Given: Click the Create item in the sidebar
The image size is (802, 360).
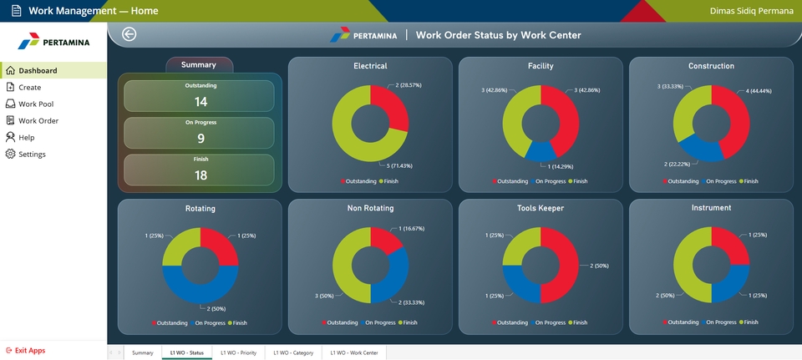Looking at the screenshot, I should coord(29,88).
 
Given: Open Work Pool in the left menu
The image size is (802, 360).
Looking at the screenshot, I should coord(34,104).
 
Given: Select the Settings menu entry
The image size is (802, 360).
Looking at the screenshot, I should coord(32,155).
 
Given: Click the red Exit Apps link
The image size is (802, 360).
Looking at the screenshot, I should coord(29,351).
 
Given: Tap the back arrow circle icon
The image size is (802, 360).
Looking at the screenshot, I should coord(129,34).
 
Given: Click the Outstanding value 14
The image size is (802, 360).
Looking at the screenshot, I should coord(200,102).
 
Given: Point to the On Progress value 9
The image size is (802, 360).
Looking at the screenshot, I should coord(200,139).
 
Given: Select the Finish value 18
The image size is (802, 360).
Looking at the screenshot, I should coord(200,175).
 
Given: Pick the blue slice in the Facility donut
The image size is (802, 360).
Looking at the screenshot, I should coord(542,150).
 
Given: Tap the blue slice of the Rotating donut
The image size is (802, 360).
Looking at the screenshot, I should coord(200,288).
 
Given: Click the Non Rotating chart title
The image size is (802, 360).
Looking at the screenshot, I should coord(370,208).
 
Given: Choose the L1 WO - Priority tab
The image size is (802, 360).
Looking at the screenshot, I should coord(238,353).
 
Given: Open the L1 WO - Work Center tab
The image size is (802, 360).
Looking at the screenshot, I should coord(353,353).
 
